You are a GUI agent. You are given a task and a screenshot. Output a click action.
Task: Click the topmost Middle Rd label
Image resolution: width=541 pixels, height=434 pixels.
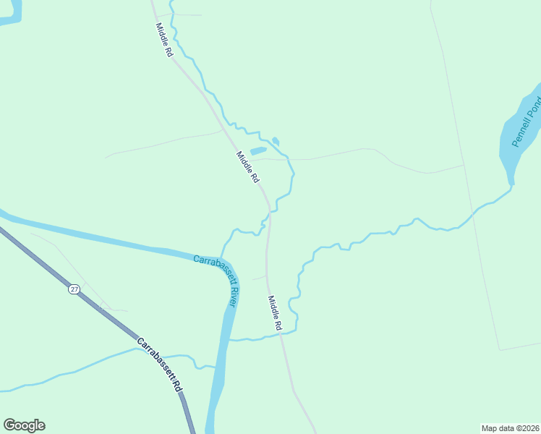[164, 41]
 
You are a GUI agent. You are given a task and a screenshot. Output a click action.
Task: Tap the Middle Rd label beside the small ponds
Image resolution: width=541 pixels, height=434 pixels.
[247, 167]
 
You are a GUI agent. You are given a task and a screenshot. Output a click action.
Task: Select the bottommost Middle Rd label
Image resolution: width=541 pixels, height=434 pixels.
[274, 313]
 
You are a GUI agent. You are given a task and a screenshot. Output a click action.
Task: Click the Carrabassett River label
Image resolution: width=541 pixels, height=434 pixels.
[216, 279]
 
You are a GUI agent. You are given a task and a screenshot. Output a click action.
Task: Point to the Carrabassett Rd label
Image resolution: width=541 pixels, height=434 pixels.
[160, 365]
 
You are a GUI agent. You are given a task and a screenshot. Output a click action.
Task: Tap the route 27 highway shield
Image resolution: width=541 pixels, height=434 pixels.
[74, 289]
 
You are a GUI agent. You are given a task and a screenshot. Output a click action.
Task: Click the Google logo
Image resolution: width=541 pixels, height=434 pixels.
[24, 425]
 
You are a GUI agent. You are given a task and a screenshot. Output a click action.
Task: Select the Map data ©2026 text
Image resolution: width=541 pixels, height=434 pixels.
[510, 428]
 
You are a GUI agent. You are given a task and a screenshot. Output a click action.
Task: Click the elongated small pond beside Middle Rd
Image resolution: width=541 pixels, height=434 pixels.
[258, 150]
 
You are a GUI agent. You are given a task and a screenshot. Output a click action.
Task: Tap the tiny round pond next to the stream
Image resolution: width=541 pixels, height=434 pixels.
[276, 141]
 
